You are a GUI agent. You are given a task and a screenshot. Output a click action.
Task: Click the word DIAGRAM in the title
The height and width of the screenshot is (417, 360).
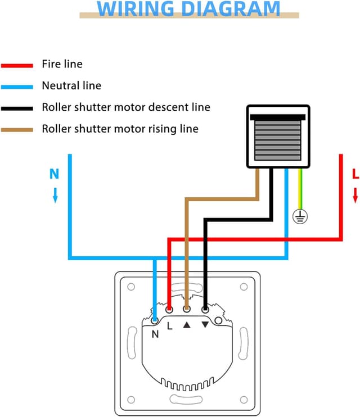click(231, 8)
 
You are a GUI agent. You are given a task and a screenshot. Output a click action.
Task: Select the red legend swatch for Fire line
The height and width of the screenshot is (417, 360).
click(17, 65)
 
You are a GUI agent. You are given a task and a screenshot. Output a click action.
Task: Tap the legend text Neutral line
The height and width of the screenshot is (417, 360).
click(71, 86)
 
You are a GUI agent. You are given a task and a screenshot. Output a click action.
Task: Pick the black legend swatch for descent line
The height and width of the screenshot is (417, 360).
click(17, 108)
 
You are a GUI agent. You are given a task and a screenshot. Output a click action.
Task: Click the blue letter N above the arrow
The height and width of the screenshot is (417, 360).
click(54, 174)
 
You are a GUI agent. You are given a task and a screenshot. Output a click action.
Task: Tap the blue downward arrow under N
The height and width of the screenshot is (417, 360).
click(55, 195)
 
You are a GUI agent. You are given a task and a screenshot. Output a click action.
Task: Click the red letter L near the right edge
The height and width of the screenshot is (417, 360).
click(355, 175)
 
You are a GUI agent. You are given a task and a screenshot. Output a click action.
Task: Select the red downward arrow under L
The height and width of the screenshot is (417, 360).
click(355, 196)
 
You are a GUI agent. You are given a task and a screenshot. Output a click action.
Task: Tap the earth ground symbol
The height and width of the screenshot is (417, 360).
click(301, 216)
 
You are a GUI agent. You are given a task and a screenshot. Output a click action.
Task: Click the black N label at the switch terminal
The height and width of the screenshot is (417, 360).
click(155, 333)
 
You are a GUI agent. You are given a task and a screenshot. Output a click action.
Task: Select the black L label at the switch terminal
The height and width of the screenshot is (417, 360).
click(170, 324)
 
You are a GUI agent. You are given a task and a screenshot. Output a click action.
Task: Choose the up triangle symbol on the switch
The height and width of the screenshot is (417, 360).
click(187, 324)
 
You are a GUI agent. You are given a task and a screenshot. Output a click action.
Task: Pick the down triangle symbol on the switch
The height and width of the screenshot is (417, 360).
click(205, 324)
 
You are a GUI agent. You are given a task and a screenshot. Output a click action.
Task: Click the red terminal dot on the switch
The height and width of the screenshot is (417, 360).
click(169, 309)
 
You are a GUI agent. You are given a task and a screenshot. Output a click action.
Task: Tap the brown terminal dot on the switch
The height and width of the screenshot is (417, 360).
click(187, 309)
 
